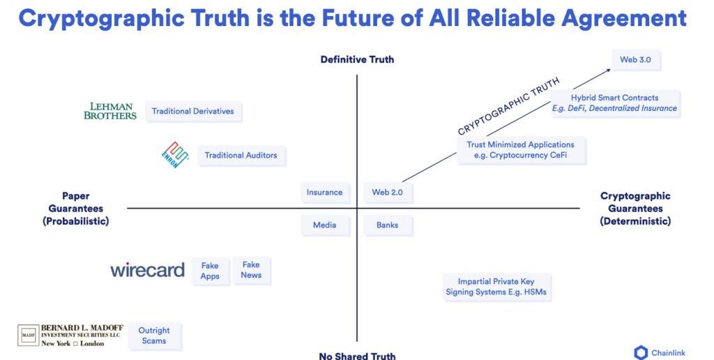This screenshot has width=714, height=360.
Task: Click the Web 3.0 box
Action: click(636, 60)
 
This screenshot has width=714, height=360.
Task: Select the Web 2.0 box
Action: click(388, 193)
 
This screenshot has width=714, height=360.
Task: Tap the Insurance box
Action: click(325, 193)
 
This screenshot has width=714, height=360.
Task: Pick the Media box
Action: click(325, 225)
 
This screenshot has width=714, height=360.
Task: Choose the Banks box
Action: click(388, 225)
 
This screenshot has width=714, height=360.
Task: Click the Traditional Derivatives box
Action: click(193, 111)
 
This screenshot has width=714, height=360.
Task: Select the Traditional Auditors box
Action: click(241, 156)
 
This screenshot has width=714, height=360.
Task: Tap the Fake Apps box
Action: click(210, 271)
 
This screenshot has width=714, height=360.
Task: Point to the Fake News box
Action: click(251, 270)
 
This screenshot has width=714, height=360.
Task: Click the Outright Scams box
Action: click(154, 336)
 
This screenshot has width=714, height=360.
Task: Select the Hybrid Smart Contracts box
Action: click(615, 103)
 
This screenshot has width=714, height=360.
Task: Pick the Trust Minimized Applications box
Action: click(520, 150)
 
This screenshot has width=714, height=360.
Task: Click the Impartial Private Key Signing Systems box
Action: click(496, 287)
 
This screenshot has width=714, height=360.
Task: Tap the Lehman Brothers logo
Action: click(110, 111)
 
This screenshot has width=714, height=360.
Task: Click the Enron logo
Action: click(175, 154)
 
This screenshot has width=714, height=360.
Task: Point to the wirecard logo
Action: click(148, 270)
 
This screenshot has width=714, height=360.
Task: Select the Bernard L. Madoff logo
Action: click(70, 336)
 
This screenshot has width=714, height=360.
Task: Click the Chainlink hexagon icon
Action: click(641, 353)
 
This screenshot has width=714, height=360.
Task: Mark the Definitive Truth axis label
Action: click(358, 59)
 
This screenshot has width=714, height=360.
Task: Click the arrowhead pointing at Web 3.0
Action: click(608, 70)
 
